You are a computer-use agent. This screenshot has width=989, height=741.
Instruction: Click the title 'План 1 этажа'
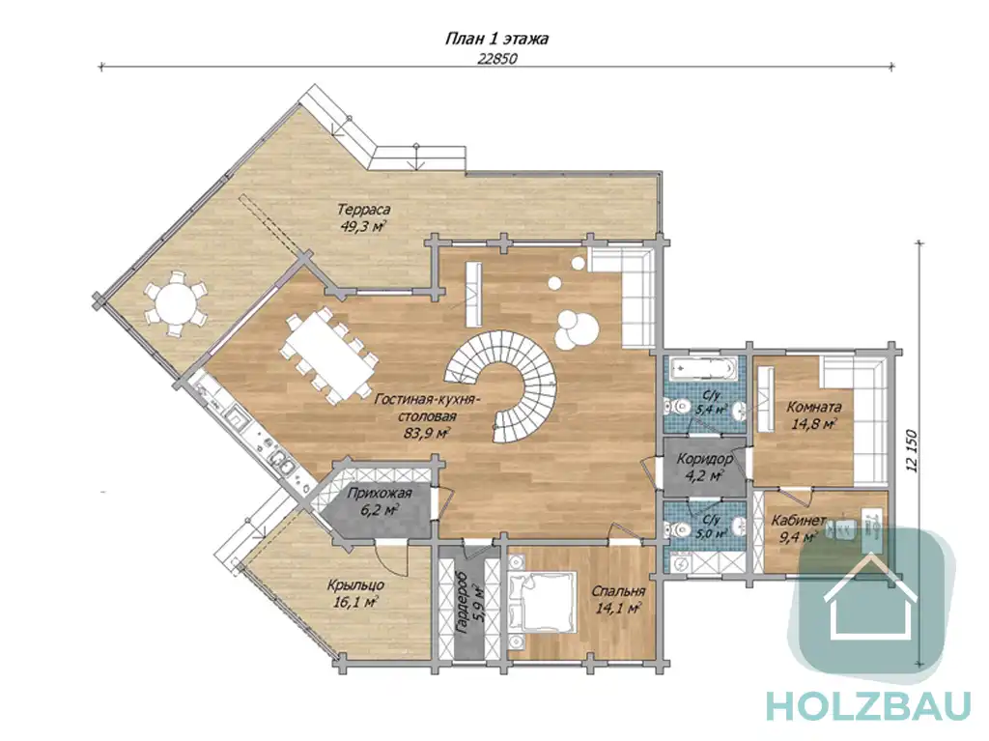pyautogui.click(x=496, y=40)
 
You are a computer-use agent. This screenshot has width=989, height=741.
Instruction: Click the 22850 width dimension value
pyautogui.click(x=497, y=59)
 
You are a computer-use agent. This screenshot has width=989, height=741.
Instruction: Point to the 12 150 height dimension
pyautogui.click(x=910, y=453)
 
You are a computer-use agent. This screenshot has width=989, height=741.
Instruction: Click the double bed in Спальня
pyautogui.click(x=543, y=602)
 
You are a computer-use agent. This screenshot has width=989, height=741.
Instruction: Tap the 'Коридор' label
pyautogui.click(x=704, y=459)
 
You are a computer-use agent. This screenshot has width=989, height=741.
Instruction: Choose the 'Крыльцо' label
pyautogui.click(x=356, y=585)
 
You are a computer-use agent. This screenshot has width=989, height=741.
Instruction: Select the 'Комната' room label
pyautogui.click(x=813, y=407)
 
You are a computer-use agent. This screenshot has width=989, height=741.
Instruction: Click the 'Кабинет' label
pyautogui.click(x=799, y=521)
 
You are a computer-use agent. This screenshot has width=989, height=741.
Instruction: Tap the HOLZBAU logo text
pyautogui.click(x=868, y=705)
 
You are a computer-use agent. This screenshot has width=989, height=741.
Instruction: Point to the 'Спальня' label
pyautogui.click(x=618, y=591)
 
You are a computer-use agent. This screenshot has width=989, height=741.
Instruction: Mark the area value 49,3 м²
pyautogui.click(x=363, y=227)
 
